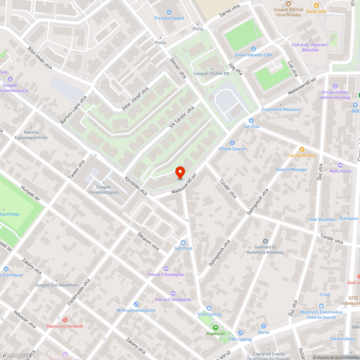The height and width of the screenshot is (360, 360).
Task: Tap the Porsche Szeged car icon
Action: point(169,12)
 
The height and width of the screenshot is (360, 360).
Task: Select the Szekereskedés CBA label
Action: point(253,55)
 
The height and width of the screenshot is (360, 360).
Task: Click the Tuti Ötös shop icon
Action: point(251,121)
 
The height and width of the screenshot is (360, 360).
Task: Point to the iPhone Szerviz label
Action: point(232,149)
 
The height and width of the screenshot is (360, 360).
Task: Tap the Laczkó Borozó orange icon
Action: point(302,149)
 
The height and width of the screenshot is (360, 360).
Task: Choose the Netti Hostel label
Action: point(340,171)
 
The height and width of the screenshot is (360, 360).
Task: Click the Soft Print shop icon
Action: point(183,242)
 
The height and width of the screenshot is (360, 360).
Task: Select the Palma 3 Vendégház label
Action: point(166,275)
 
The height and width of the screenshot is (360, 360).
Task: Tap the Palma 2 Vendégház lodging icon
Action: point(173,293)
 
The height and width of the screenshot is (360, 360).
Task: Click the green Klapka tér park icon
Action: point(216,327)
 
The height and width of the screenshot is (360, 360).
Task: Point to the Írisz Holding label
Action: point(209,314)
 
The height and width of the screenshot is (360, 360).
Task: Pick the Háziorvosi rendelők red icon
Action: point(65,320)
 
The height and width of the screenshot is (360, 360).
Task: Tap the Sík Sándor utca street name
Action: point(182,117)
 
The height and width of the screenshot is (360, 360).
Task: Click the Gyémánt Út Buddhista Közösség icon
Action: point(265,241)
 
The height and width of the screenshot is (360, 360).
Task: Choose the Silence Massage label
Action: point(291,170)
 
